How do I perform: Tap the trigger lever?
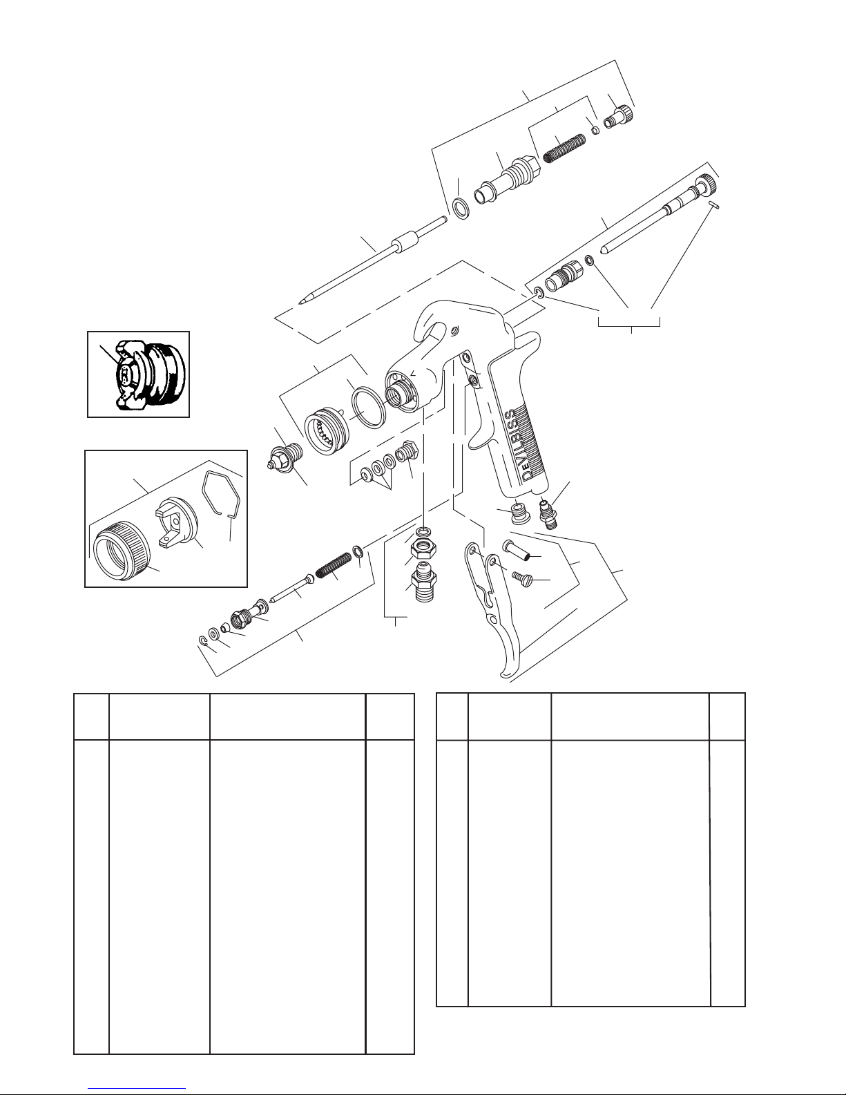(x=497, y=608)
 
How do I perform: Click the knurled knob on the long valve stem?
(x=706, y=185)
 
